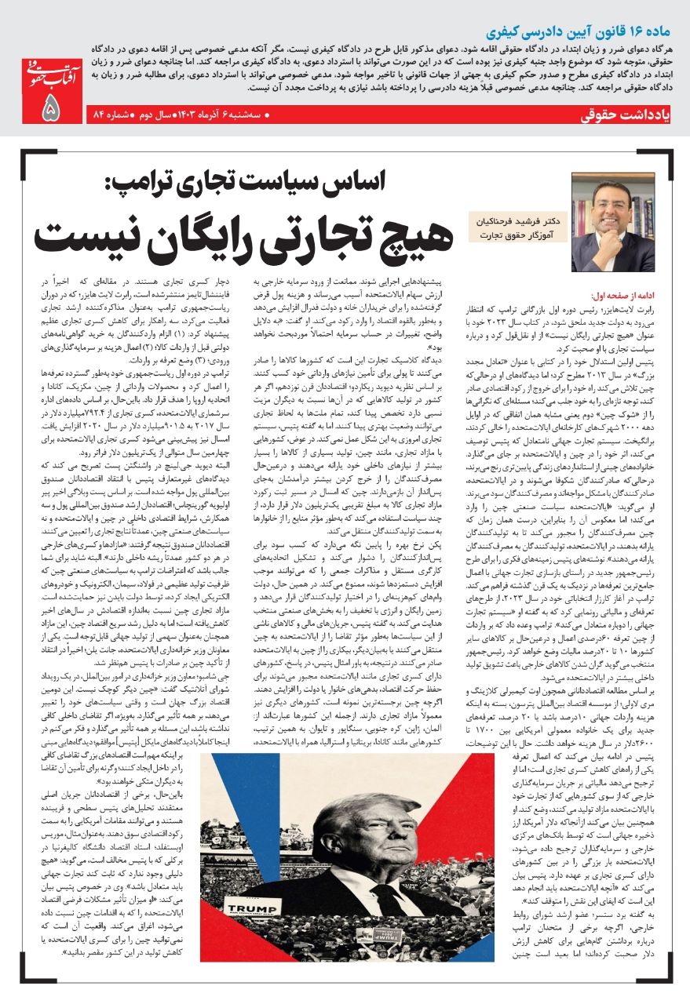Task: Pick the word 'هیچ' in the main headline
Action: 400,233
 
